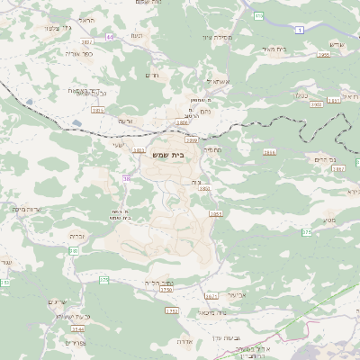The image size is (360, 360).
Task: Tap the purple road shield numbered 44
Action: (110, 37)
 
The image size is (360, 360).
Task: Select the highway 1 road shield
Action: (300, 30)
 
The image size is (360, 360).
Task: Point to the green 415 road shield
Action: (258, 15)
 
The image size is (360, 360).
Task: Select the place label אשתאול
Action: (220, 80)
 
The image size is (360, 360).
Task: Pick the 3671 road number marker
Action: (211, 295)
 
